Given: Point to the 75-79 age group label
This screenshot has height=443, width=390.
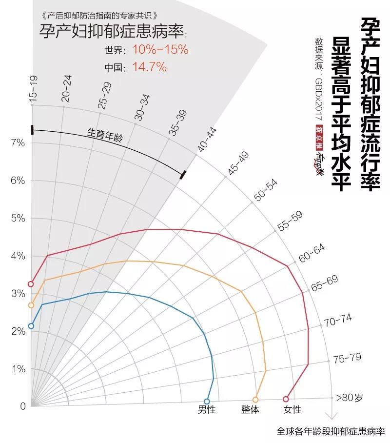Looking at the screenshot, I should click(x=347, y=359).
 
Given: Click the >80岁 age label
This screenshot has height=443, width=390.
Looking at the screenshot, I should click(x=350, y=398).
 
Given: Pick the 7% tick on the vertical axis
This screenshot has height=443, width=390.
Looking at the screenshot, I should click(x=18, y=142).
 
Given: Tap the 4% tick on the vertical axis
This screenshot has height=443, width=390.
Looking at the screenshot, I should click(x=18, y=256).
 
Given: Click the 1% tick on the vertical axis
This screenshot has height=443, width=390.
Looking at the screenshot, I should click(x=18, y=369).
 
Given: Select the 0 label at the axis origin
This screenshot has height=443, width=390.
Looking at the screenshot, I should click(x=22, y=406).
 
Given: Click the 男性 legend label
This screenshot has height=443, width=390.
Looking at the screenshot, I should click(x=206, y=410).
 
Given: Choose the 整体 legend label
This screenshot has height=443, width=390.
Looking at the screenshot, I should click(x=250, y=410).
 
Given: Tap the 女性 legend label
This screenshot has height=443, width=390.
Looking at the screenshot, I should click(x=292, y=410).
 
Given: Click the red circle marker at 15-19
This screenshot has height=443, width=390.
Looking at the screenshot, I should click(x=31, y=284).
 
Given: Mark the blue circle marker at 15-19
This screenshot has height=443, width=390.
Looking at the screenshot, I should click(x=31, y=326).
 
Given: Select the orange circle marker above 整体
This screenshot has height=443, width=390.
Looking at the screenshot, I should click(x=255, y=399).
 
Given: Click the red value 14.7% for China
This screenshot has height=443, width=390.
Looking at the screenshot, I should click(x=149, y=67).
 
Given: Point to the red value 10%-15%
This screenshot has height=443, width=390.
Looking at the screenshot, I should click(x=160, y=50).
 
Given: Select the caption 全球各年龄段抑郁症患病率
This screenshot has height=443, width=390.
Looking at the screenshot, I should click(x=331, y=431).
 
